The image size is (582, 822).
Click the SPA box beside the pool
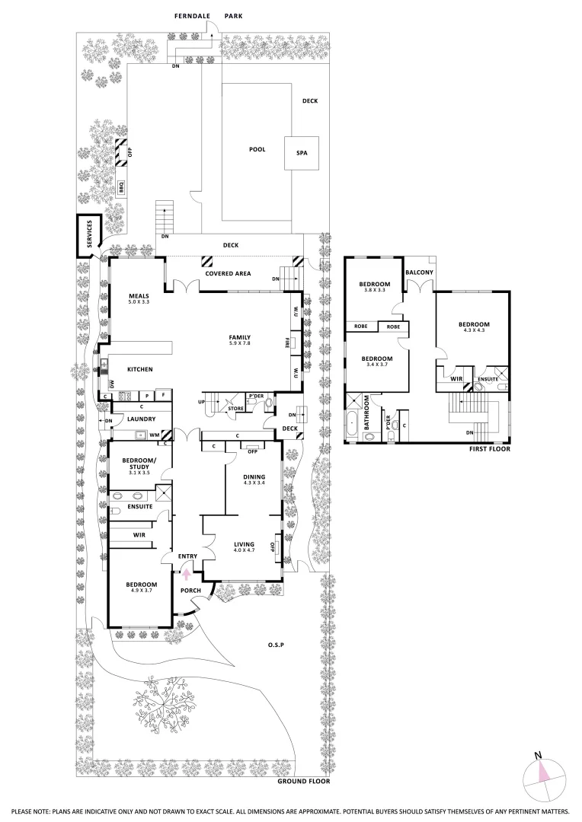click(x=301, y=153)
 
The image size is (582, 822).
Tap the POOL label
click(x=257, y=149)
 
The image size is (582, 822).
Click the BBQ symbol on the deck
click(x=120, y=186)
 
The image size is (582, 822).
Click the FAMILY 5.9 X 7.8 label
click(x=240, y=340)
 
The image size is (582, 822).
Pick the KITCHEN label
click(x=140, y=369)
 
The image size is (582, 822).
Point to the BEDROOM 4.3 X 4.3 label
click(x=474, y=327)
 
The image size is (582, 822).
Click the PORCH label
click(x=190, y=591)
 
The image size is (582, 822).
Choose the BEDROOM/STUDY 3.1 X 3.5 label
click(x=139, y=464)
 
